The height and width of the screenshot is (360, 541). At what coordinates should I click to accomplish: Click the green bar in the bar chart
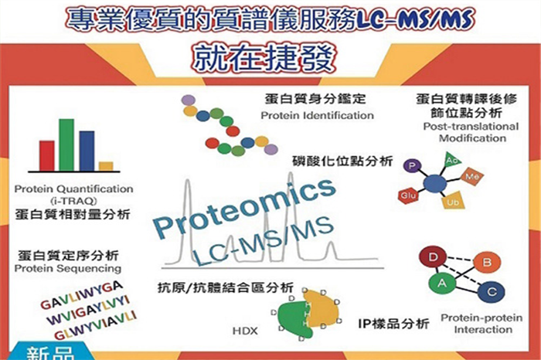coord(66,144)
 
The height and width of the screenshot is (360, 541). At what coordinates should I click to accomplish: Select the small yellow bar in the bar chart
coord(106,166)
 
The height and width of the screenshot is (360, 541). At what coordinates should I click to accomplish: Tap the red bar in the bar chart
coord(46,156)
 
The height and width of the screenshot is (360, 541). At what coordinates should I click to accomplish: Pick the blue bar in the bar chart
coord(87,151)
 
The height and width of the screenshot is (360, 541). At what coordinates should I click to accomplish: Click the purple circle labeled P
coord(412,166)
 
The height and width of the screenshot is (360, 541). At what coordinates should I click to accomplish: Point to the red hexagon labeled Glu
coord(408,196)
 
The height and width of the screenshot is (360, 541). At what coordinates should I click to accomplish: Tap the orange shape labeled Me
coord(472,177)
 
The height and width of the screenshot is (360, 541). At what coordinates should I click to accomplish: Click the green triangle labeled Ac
coord(452,160)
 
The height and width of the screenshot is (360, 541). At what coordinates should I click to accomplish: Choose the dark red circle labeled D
coord(433,257)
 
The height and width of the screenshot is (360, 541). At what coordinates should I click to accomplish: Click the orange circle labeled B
coord(487,263)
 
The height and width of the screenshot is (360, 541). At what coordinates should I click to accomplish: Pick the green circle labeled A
coord(442,284)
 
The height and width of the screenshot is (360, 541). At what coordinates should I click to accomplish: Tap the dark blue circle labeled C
coord(492,292)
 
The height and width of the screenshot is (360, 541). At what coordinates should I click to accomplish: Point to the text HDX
coord(245,331)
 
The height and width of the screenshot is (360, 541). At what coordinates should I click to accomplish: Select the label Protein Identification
coord(318,116)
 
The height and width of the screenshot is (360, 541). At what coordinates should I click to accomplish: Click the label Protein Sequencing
coord(68,268)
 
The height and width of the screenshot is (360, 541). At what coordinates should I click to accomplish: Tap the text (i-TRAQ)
coord(73,200)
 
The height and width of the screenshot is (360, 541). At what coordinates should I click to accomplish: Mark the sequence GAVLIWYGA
coord(81,295)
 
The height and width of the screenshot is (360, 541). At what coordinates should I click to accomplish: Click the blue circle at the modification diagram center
coord(434,183)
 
